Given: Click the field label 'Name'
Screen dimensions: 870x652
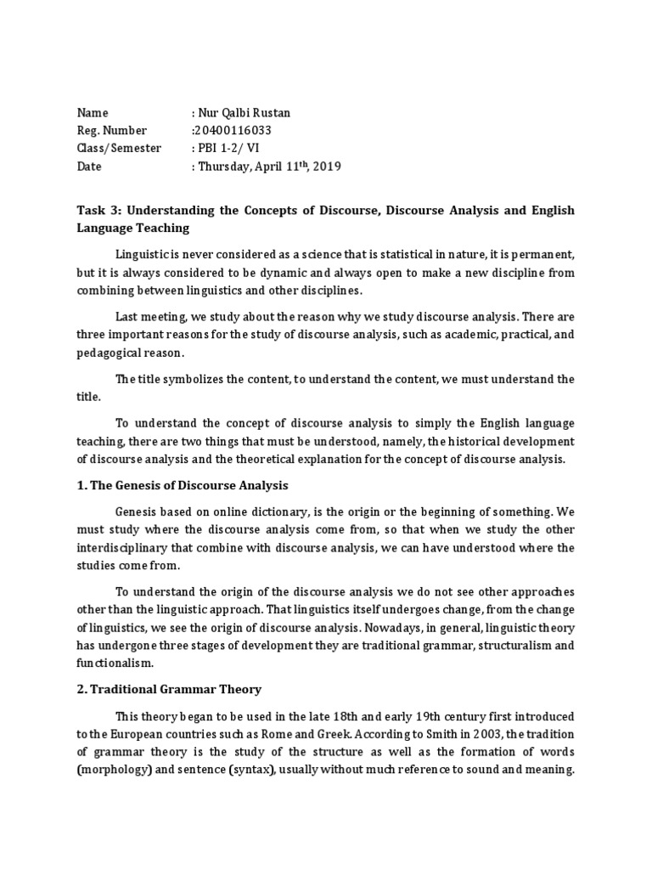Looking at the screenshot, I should [x=93, y=113].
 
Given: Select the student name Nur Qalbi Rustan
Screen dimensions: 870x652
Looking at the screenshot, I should [x=246, y=113].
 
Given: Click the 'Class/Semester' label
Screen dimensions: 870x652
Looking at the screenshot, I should [x=118, y=149].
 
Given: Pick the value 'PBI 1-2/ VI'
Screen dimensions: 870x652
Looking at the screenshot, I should [x=230, y=149].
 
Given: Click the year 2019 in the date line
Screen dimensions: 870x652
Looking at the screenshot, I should [x=325, y=167].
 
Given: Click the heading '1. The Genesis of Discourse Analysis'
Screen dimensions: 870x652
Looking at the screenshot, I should [x=183, y=486].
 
